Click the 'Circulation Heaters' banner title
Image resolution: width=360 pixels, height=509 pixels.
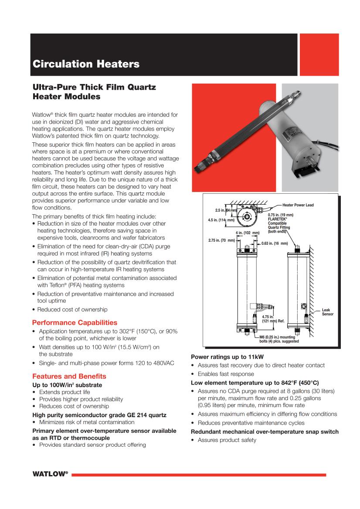pos(86,64)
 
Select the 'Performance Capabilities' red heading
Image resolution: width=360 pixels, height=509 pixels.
pos(75,323)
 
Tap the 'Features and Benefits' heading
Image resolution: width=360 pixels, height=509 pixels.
pos(69,376)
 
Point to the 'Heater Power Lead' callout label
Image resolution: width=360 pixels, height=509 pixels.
pos(298,205)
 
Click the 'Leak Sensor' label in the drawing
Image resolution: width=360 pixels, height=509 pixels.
pos(327,312)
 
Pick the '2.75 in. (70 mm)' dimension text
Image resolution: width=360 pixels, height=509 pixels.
pos(222,240)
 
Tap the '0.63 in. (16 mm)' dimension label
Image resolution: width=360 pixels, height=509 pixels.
pos(275,243)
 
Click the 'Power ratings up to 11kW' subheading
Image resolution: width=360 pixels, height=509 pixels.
pos(227,357)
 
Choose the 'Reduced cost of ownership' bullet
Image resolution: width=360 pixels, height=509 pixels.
pos(72,309)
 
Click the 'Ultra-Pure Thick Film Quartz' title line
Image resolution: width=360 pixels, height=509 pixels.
pos(94,87)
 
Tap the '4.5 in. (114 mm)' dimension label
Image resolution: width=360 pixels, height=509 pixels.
pos(222,220)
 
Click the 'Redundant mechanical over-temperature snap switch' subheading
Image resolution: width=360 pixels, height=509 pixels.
pos(265,431)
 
